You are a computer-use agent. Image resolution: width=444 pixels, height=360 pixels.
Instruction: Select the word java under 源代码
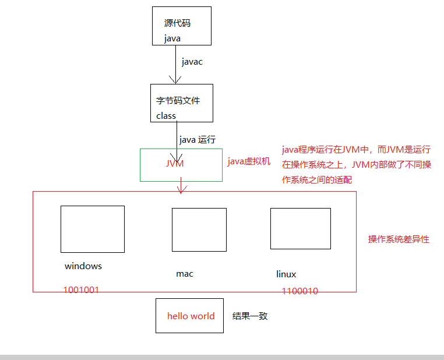coord(172,38)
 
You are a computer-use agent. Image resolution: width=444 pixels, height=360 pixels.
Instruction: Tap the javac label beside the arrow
coord(192,62)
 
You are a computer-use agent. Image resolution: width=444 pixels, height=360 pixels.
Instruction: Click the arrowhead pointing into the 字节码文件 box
coord(172,80)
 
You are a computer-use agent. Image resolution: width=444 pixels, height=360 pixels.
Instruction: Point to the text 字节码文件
coord(178,101)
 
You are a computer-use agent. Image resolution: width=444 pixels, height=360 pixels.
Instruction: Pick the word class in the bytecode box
coord(166,115)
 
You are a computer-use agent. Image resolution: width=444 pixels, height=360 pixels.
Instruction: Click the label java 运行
coord(198,140)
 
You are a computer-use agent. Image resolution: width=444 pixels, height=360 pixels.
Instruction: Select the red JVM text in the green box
coord(175,164)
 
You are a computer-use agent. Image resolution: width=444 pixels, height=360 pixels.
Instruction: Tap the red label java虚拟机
coord(249,161)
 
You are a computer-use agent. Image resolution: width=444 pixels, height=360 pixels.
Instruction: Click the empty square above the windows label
coord(93,229)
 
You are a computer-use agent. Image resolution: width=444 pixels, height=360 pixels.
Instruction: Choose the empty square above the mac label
coord(199,230)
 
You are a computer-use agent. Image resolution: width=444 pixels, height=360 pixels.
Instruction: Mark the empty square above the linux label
coord(300,228)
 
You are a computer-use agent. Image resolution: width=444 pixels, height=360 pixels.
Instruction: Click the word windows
coord(83,266)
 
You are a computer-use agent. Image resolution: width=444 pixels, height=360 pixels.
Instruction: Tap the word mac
coord(185,273)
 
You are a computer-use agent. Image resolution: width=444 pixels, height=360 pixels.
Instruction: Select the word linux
coord(286,274)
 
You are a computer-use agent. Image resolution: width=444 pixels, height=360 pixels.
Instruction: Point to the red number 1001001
coord(81,290)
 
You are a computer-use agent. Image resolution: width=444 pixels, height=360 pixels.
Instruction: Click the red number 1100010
coord(299,291)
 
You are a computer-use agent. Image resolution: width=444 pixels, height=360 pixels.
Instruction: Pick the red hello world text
coord(191,316)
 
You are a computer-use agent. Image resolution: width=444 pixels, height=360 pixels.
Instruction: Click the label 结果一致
coord(250,316)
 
